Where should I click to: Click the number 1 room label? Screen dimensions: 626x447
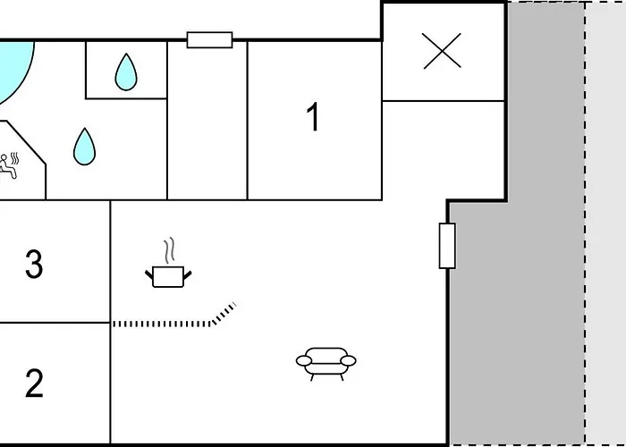[x=314, y=116]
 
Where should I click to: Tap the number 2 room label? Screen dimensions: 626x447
[x=34, y=384]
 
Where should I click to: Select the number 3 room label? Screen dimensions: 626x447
[x=34, y=264]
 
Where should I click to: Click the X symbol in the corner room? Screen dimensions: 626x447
[x=442, y=51]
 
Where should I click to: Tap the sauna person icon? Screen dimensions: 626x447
[x=8, y=165]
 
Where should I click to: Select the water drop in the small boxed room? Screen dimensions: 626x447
[x=126, y=72]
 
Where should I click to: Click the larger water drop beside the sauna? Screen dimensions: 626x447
[x=84, y=147]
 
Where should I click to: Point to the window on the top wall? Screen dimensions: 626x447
[x=209, y=40]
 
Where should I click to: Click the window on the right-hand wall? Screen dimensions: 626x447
[x=447, y=246]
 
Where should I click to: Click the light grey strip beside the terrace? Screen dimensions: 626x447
[x=605, y=223]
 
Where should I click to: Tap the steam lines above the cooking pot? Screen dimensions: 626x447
[x=170, y=250]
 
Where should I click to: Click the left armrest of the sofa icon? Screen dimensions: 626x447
[x=304, y=361]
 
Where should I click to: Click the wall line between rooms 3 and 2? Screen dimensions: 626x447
[x=55, y=323]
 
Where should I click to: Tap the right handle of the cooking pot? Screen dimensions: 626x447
[x=187, y=275]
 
